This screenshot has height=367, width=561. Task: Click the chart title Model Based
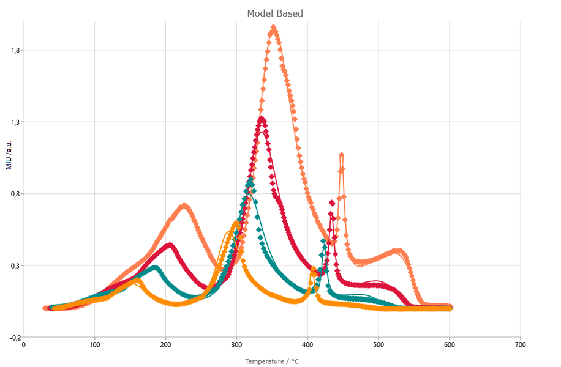[275, 13]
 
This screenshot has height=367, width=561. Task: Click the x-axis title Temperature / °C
[272, 361]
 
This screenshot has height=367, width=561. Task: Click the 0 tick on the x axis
[24, 345]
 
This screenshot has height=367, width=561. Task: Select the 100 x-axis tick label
[94, 345]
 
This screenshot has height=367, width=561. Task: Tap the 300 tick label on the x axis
[236, 345]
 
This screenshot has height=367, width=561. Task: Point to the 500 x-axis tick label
[378, 345]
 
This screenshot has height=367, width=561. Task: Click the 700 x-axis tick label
[520, 345]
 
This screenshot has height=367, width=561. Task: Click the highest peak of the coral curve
[273, 28]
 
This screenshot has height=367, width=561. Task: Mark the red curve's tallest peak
[262, 119]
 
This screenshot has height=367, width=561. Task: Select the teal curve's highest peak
[250, 181]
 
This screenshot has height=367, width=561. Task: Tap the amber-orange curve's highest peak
[236, 224]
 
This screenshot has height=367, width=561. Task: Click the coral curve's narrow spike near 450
[341, 155]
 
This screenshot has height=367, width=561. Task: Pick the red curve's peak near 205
[170, 245]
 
